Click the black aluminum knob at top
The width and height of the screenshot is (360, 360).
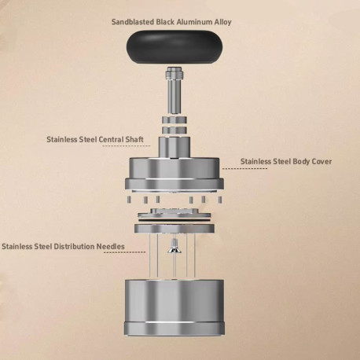pos(174,47)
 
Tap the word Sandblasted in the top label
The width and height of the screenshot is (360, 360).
pos(133,22)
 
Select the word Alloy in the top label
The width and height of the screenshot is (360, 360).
pos(222,22)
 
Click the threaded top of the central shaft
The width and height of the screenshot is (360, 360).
pos(175,73)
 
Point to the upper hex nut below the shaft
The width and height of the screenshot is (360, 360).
pos(174,120)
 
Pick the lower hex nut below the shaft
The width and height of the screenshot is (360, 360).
pos(174,130)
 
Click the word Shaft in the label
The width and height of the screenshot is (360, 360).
pos(134,139)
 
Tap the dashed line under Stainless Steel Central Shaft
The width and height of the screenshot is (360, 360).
pos(127,145)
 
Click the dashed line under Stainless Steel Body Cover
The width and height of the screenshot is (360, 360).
pos(244,168)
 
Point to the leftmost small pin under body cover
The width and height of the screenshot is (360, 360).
pos(129,200)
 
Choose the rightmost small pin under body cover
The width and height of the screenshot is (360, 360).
pos(220,200)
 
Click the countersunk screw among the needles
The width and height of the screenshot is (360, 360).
pos(174,247)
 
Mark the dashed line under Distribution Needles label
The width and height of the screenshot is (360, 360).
pos(125,252)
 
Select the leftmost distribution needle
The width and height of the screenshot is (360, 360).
pos(149,255)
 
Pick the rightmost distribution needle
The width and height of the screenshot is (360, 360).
pos(195,255)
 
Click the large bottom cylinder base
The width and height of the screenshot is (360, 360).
pos(174,307)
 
